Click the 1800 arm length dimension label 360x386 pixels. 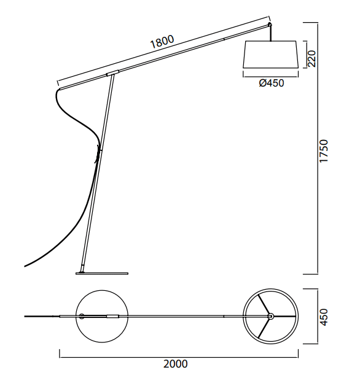(162, 42)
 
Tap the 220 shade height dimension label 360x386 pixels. (311, 58)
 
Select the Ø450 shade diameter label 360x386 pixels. (272, 83)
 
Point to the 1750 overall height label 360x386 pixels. (324, 151)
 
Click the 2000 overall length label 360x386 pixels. (176, 364)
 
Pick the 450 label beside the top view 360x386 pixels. (324, 317)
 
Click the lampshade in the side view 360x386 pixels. (270, 54)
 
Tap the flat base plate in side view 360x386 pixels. (102, 273)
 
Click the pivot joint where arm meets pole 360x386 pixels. (112, 73)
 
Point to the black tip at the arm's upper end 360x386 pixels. (270, 25)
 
